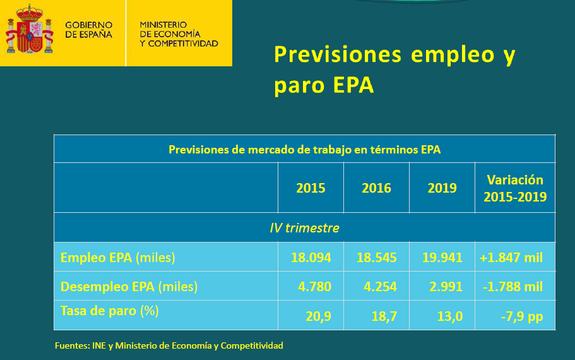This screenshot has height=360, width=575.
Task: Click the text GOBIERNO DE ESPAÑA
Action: pyautogui.click(x=88, y=30)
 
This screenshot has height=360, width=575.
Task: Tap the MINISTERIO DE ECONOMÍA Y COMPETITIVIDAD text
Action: pyautogui.click(x=179, y=34)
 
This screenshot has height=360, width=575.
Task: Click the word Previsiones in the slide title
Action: pyautogui.click(x=338, y=54)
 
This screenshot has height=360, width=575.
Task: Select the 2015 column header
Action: pyautogui.click(x=311, y=188)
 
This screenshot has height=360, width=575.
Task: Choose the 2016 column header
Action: pyautogui.click(x=376, y=188)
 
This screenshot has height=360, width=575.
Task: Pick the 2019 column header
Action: pyautogui.click(x=442, y=188)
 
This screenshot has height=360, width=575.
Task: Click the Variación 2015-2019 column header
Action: pyautogui.click(x=515, y=188)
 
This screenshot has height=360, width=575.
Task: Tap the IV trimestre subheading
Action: pyautogui.click(x=304, y=228)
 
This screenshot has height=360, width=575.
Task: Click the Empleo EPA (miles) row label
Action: pyautogui.click(x=117, y=258)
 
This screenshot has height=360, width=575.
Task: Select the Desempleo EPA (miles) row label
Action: pyautogui.click(x=129, y=287)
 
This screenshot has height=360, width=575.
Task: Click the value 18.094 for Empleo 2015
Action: pyautogui.click(x=311, y=258)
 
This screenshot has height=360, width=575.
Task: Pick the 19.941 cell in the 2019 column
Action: pyautogui.click(x=442, y=258)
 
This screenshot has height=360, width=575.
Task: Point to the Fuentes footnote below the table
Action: pyautogui.click(x=169, y=345)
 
